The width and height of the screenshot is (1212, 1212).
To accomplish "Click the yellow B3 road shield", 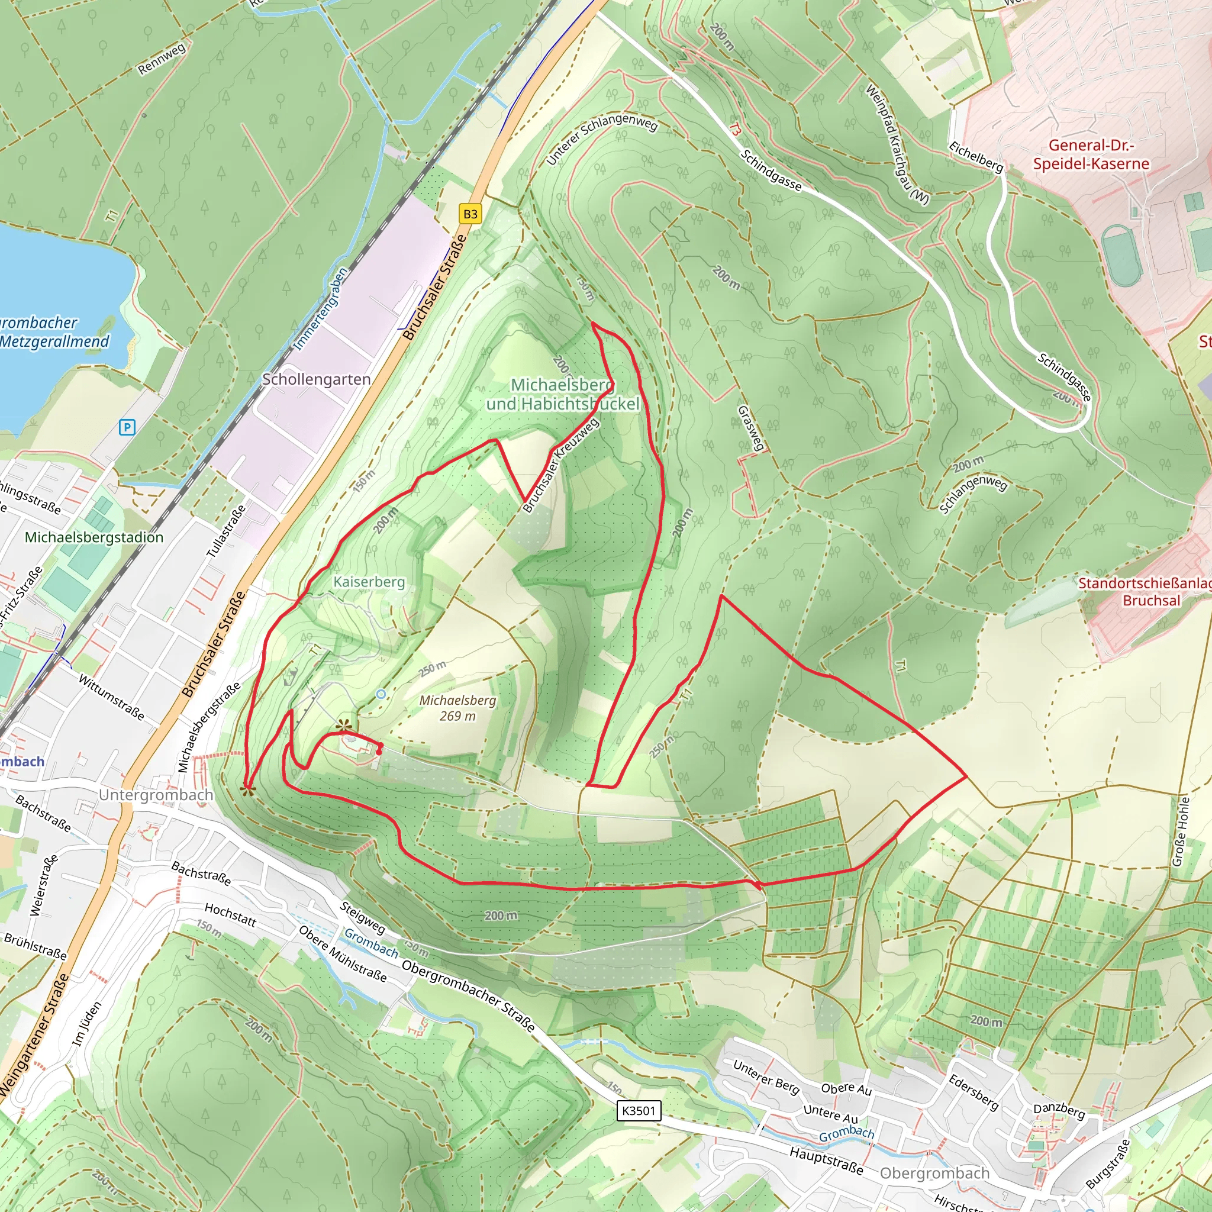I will (x=470, y=214).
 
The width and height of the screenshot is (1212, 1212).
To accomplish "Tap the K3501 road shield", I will (x=639, y=1110).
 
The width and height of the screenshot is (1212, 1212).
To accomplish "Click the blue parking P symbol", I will (x=127, y=427).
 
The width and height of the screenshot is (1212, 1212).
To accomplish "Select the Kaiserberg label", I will (x=369, y=582).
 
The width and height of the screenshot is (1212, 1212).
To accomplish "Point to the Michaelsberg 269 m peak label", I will (x=457, y=708).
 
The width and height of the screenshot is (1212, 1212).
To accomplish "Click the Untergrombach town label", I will (x=156, y=795).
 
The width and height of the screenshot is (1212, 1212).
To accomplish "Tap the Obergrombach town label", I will (x=934, y=1172).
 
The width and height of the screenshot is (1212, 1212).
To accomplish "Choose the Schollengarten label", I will (x=316, y=379).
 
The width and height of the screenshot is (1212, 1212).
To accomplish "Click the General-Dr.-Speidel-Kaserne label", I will (x=1091, y=154).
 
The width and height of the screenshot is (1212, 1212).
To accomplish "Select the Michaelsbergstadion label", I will (x=94, y=537).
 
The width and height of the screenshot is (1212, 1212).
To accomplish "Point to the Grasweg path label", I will (x=751, y=428).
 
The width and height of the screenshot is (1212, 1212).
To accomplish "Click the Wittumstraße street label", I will (x=111, y=697).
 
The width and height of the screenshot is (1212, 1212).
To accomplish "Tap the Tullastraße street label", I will (x=226, y=531).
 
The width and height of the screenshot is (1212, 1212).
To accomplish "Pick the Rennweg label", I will (x=162, y=59).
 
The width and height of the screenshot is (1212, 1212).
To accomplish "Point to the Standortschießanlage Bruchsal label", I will (x=1146, y=592).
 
